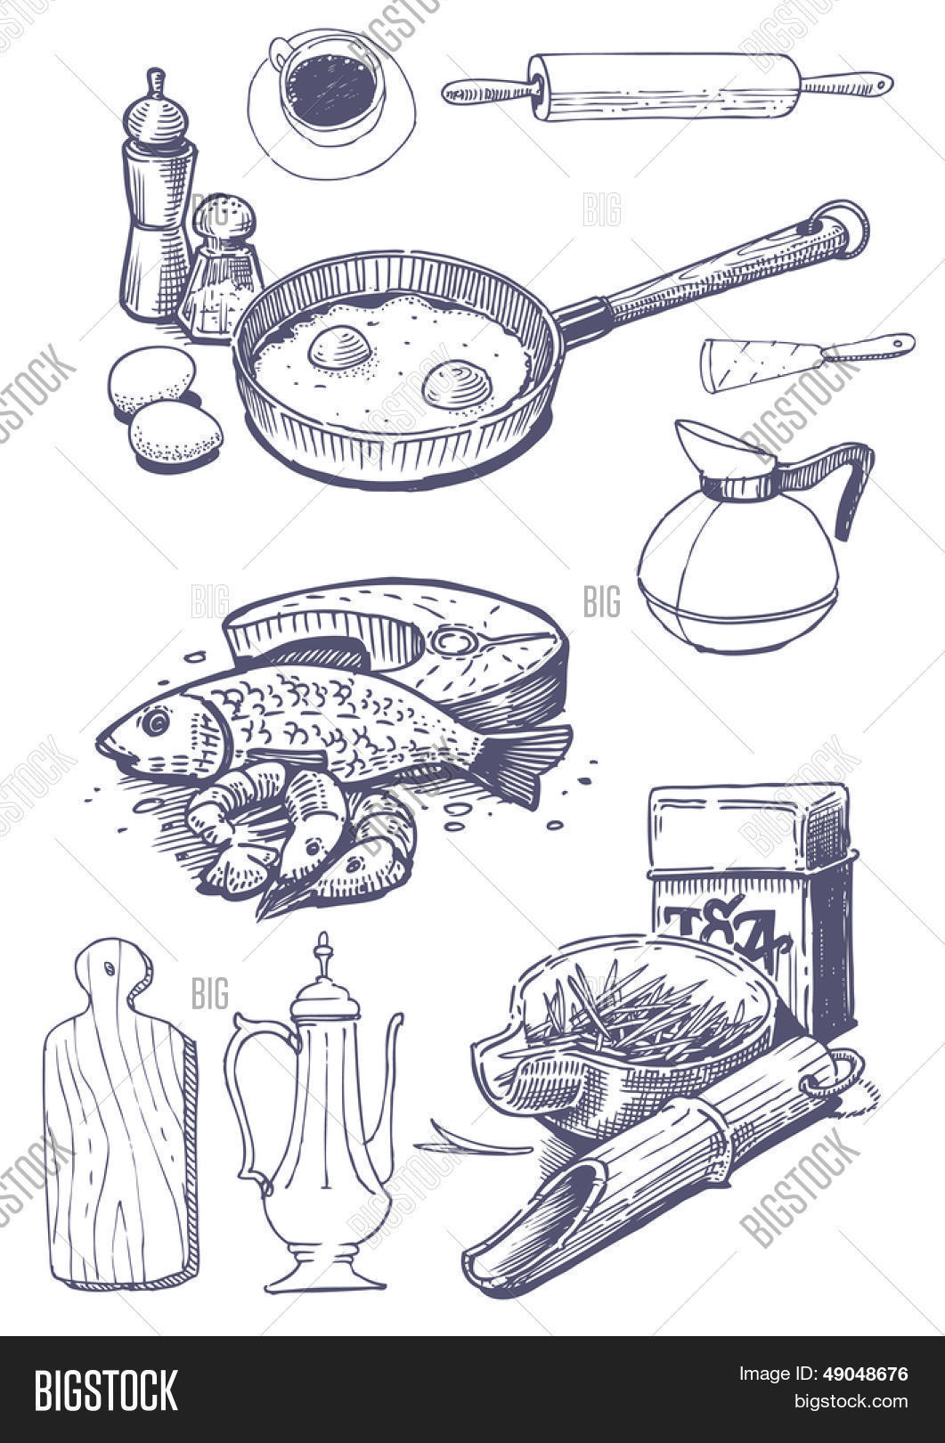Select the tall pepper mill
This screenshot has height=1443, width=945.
tap(158, 205)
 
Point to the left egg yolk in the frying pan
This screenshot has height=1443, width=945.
tap(340, 347)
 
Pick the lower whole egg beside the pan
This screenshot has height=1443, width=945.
tap(175, 434)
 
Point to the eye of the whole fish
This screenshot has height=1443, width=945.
tap(155, 720)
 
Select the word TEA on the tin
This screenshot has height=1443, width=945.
tap(726, 931)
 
